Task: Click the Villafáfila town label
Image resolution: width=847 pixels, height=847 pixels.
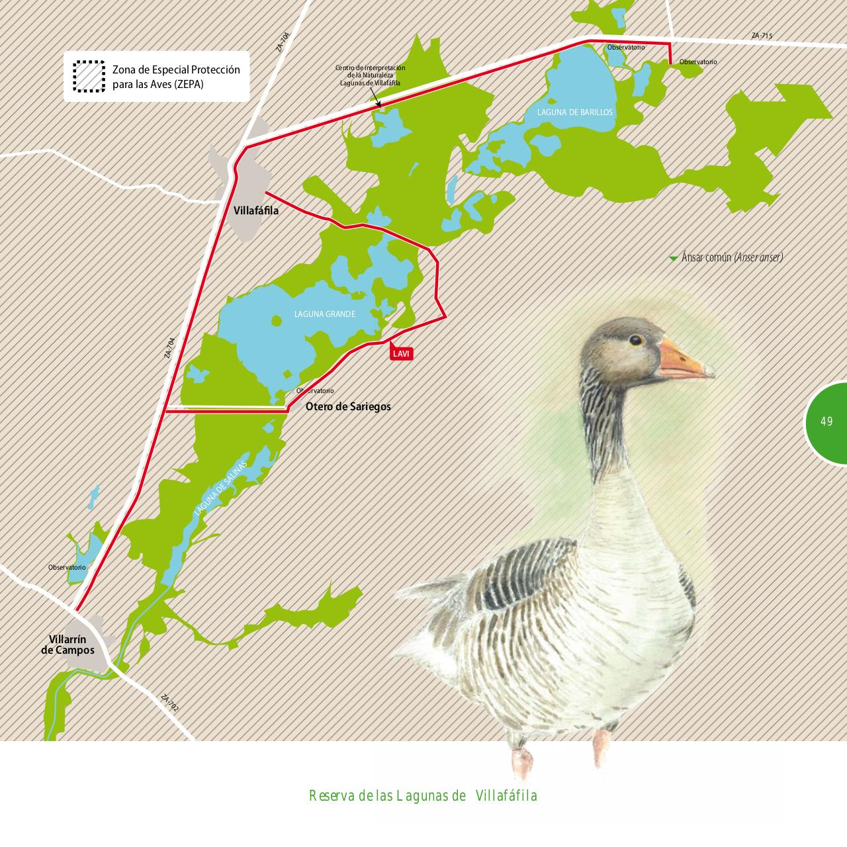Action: [256, 211]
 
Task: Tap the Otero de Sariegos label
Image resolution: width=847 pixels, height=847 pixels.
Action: [348, 406]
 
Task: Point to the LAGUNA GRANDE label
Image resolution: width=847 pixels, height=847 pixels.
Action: [325, 314]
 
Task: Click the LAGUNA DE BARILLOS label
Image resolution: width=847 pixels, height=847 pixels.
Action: [575, 112]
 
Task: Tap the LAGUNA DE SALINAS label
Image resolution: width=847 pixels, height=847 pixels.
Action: [220, 488]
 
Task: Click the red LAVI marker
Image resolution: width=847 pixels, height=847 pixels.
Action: [402, 353]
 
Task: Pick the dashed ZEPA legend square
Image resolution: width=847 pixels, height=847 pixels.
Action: [89, 76]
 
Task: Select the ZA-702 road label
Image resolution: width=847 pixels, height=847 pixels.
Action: [170, 703]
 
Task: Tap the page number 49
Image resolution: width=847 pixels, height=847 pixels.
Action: [826, 422]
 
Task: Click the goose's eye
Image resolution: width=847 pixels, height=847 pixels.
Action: [635, 339]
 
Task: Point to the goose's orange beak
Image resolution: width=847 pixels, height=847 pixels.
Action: [684, 360]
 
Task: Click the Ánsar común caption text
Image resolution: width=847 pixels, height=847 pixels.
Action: [732, 257]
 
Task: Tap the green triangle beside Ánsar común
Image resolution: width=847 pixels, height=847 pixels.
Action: [674, 258]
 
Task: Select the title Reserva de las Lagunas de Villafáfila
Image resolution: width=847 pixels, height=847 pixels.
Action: [423, 795]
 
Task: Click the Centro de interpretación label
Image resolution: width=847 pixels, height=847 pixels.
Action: [370, 75]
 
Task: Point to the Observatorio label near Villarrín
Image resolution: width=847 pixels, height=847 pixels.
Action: [67, 568]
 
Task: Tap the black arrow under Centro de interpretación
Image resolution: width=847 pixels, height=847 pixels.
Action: [377, 103]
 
